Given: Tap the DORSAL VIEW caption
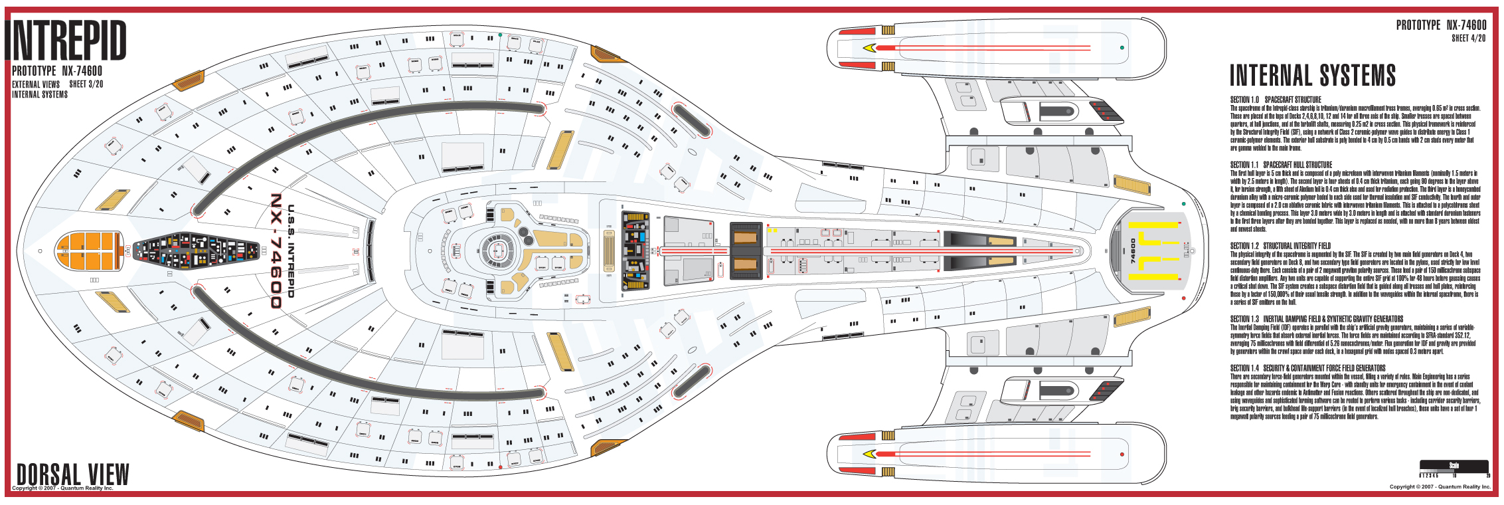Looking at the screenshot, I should [72, 474].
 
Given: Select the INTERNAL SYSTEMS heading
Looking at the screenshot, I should [1312, 76].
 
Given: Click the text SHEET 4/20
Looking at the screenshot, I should [1468, 39].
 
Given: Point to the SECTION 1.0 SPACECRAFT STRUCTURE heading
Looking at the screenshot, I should [1276, 100].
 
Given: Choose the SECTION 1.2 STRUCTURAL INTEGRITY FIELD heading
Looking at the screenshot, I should [1282, 246].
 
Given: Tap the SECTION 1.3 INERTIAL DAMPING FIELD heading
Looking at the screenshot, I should [1316, 319].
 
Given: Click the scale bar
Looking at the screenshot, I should [1454, 468].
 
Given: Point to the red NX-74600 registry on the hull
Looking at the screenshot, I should [276, 251].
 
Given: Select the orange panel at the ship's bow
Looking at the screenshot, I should [89, 251].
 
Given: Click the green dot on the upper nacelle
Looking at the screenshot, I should [1122, 48].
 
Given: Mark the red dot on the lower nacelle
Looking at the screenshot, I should [1122, 454].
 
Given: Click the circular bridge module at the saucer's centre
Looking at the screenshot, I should [495, 251].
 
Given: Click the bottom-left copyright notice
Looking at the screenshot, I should [62, 488].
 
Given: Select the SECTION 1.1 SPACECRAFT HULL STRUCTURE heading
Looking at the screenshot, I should [1281, 165].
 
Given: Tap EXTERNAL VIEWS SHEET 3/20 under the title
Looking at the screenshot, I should [57, 84].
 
